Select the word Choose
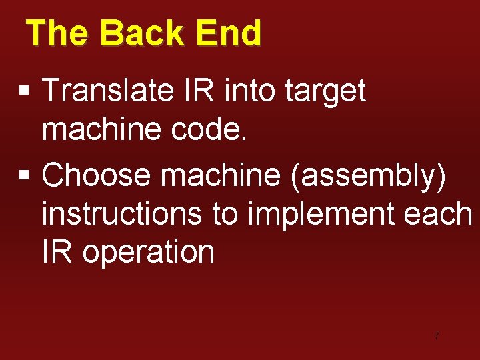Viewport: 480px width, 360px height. point(97,175)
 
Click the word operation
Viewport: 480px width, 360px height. point(149,253)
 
